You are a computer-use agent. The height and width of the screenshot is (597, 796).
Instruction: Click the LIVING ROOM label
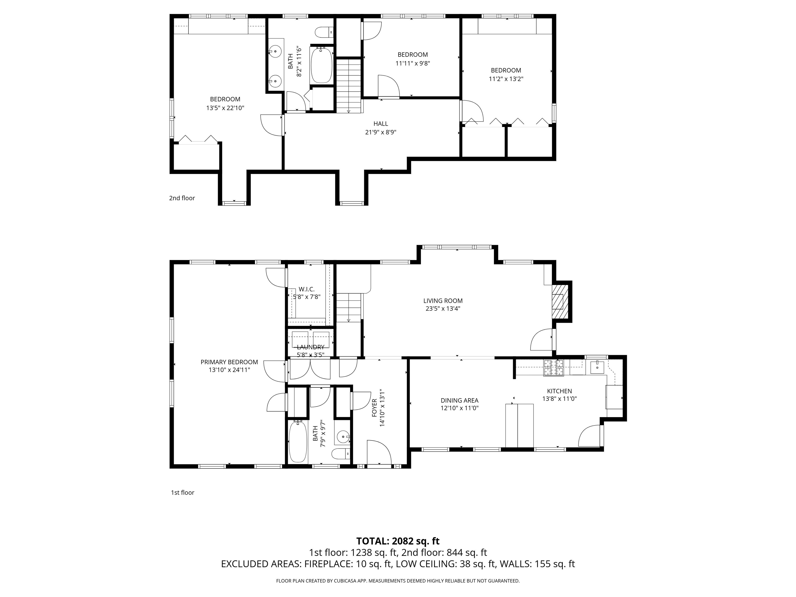[x=443, y=301]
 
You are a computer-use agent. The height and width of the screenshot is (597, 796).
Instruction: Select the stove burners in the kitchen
[x=553, y=367]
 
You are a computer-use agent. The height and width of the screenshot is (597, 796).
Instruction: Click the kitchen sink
[x=597, y=367]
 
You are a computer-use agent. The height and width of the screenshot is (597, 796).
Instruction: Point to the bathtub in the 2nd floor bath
[x=321, y=66]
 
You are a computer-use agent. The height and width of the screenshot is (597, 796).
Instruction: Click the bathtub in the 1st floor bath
[x=298, y=442]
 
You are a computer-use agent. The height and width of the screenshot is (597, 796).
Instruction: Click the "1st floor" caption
[x=182, y=492]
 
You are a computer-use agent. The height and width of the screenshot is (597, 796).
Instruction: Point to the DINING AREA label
[x=459, y=400]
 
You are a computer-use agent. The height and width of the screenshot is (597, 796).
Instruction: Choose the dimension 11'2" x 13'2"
[x=506, y=79]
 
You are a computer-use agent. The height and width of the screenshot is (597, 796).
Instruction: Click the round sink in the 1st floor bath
[x=342, y=437]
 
